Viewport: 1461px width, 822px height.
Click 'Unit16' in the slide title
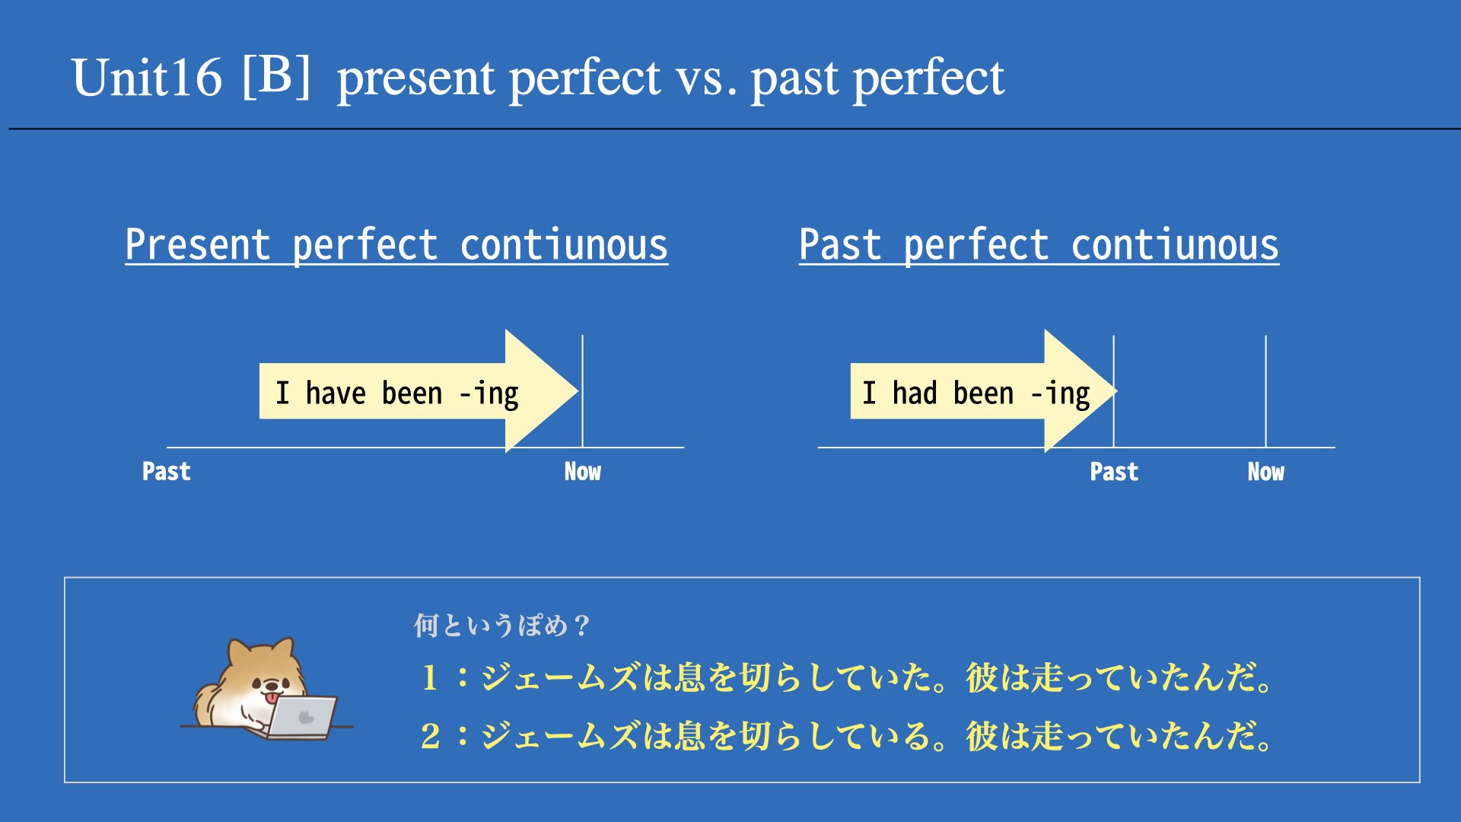(146, 78)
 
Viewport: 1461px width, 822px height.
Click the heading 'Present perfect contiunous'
(396, 245)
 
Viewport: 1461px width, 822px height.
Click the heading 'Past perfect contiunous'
(1039, 245)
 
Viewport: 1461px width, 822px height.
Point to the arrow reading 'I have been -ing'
(419, 391)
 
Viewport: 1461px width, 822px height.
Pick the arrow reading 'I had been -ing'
(983, 391)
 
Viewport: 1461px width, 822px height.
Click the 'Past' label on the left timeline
(166, 472)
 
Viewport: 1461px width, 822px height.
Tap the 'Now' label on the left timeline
(582, 472)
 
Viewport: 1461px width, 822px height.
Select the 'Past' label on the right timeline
(1114, 472)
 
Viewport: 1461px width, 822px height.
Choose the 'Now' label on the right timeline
(1265, 472)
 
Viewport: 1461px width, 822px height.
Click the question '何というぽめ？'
(501, 626)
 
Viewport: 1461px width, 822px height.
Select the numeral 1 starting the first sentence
(430, 677)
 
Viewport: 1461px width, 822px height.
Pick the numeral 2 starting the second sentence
(430, 736)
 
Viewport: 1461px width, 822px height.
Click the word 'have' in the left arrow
(336, 393)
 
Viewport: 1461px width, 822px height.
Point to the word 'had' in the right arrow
(915, 393)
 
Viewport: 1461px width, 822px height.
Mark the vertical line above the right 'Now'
(1266, 391)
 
